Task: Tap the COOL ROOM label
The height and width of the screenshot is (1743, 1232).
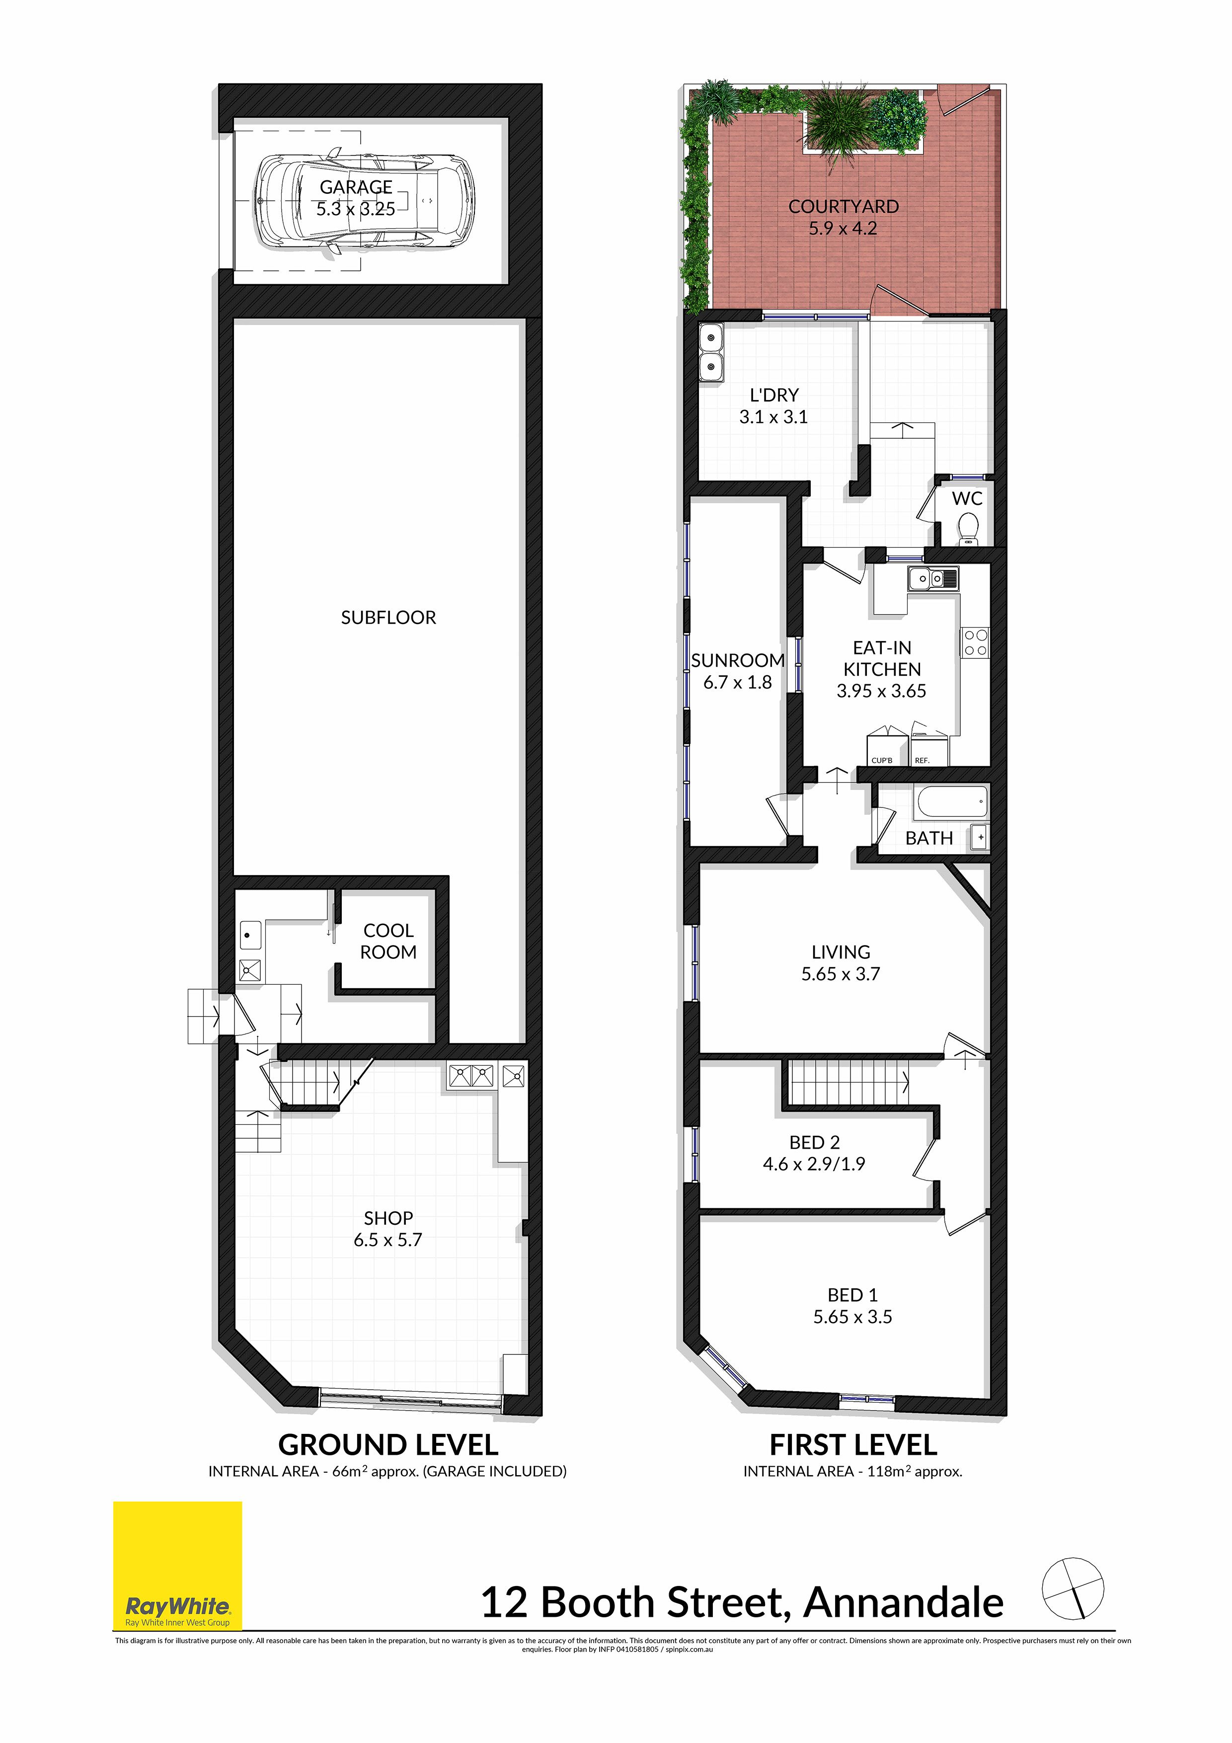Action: tap(388, 942)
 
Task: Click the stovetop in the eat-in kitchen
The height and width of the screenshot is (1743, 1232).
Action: tap(976, 642)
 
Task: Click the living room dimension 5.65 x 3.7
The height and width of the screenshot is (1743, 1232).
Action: tap(841, 974)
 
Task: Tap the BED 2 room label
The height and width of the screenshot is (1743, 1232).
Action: tap(815, 1142)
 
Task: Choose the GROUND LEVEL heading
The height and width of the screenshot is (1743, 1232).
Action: tap(388, 1445)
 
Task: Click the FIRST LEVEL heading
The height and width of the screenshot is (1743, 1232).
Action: tap(853, 1445)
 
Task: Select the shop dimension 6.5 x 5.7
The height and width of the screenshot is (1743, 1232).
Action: tap(388, 1240)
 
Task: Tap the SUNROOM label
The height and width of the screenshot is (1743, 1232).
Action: tap(737, 660)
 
